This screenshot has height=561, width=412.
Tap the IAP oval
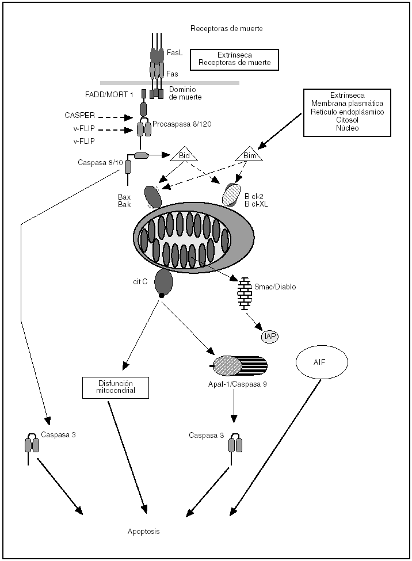pyautogui.click(x=270, y=336)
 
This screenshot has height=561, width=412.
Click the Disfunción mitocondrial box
pyautogui.click(x=115, y=387)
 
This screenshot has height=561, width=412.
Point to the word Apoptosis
pyautogui.click(x=143, y=532)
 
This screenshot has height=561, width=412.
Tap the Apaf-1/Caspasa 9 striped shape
pyautogui.click(x=240, y=365)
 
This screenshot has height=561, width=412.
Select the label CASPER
pyautogui.click(x=79, y=116)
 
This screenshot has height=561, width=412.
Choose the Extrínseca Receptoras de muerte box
pyautogui.click(x=235, y=58)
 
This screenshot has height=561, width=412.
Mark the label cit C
pyautogui.click(x=141, y=282)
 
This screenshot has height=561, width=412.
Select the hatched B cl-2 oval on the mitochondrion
pyautogui.click(x=233, y=194)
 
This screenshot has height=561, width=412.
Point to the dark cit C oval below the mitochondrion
pyautogui.click(x=164, y=280)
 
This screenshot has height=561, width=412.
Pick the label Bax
pyautogui.click(x=125, y=197)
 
